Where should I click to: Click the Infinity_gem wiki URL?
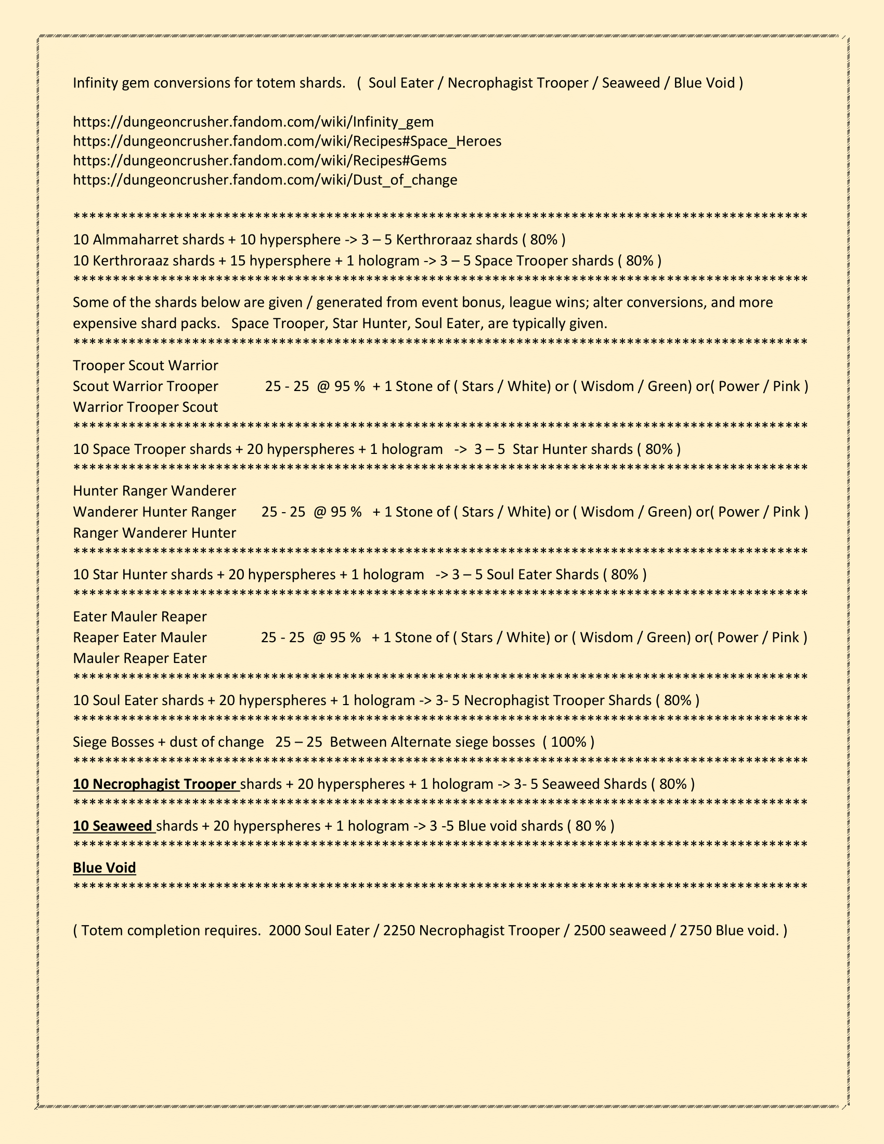point(253,122)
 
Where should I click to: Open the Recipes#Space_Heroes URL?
point(287,141)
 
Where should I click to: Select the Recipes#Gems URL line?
point(259,161)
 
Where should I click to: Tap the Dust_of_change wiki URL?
point(265,180)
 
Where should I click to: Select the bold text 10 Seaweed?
point(113,826)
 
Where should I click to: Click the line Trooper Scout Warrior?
point(146,366)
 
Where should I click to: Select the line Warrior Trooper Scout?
point(146,408)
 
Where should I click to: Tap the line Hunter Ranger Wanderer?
point(154,491)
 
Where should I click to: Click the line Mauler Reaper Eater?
point(140,658)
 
